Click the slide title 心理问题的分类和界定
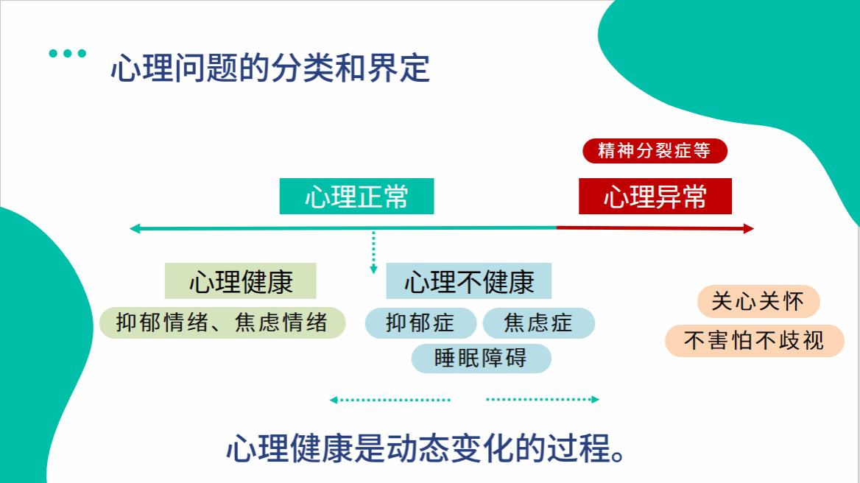[270, 69]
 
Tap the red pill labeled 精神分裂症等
[655, 151]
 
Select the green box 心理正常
[356, 197]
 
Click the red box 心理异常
[655, 197]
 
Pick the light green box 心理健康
[241, 281]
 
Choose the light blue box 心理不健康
[469, 281]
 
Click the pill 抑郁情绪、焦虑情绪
[222, 322]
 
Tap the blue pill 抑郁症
[420, 322]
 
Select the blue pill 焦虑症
[538, 322]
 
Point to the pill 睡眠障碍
[481, 358]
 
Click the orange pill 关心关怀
[758, 301]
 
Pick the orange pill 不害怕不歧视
[754, 340]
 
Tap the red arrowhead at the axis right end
[750, 229]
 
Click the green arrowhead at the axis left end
[135, 229]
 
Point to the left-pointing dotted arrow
[390, 400]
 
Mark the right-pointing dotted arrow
[543, 400]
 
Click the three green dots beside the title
[67, 53]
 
